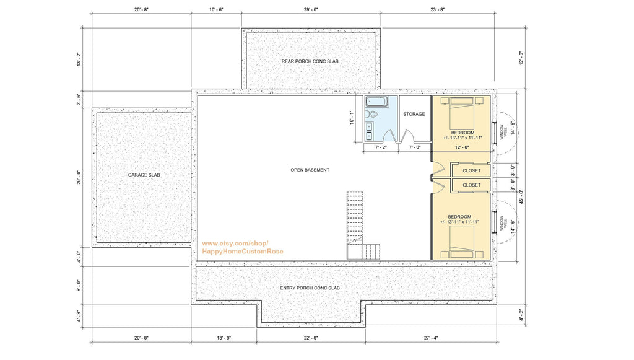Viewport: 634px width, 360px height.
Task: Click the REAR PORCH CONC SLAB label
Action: point(310,61)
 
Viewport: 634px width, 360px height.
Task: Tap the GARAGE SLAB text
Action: point(144,175)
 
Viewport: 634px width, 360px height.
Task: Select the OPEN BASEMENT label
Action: point(310,170)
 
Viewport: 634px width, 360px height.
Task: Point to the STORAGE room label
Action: point(414,114)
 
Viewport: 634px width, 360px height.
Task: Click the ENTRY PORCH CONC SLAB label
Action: point(310,288)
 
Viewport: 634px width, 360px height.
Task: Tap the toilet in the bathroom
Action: point(371,115)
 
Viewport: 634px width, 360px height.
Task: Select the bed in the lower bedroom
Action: point(462,242)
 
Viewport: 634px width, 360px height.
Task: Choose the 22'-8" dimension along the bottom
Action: point(311,338)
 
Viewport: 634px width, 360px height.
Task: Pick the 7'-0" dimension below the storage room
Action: point(414,148)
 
